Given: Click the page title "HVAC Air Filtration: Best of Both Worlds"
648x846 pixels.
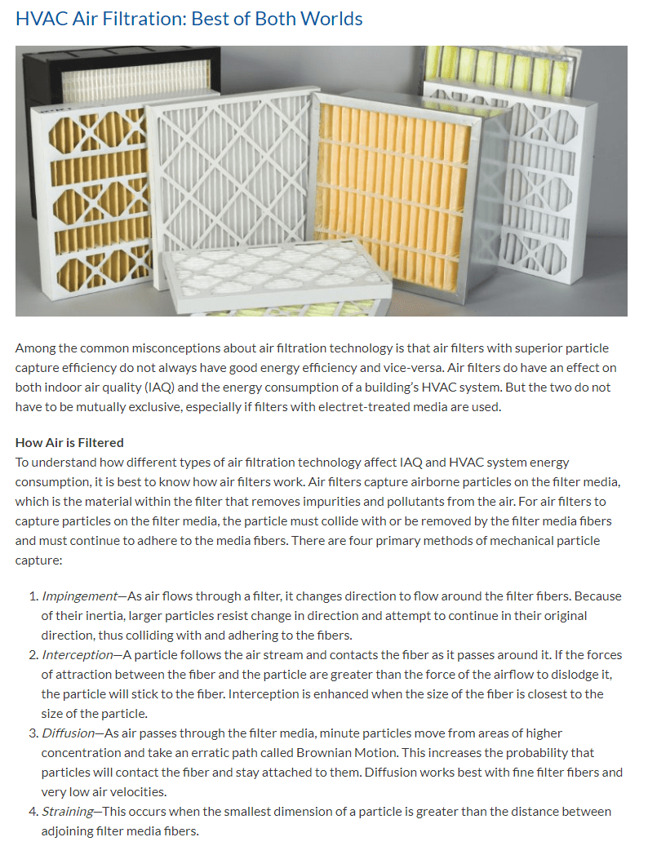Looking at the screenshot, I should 189,18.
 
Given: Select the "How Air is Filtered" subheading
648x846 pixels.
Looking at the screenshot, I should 69,442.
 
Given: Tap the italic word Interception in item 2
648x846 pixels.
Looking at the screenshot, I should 77,654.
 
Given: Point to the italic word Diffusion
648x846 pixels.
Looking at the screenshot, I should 68,733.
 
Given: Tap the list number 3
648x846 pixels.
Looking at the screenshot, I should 33,733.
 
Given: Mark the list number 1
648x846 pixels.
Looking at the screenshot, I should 33,596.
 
